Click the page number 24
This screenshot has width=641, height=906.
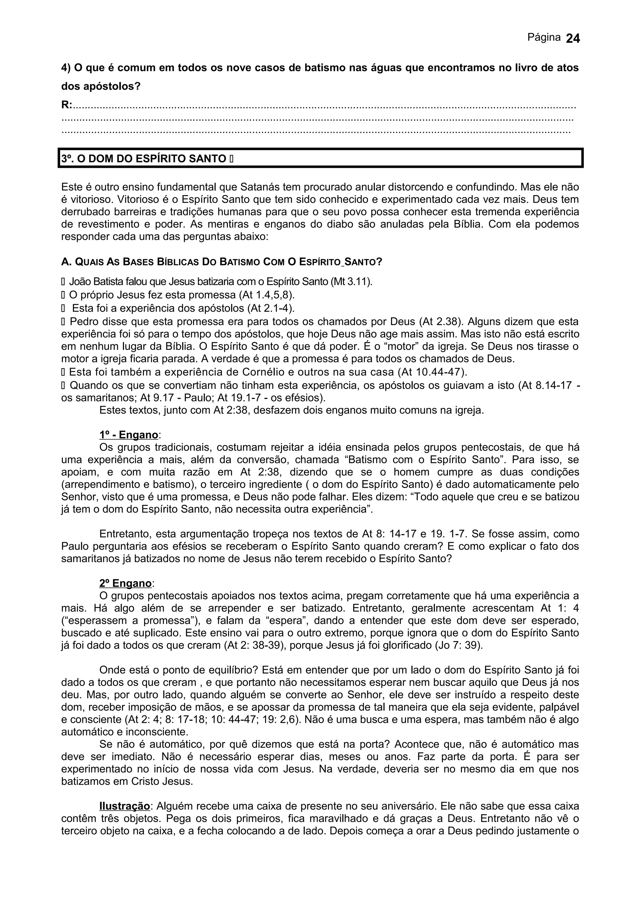pyautogui.click(x=573, y=38)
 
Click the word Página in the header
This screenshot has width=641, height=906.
pyautogui.click(x=544, y=38)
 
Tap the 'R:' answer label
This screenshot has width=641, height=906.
pyautogui.click(x=67, y=105)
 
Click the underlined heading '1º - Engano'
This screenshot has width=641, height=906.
pyautogui.click(x=129, y=435)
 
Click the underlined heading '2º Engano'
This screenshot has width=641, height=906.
pyautogui.click(x=126, y=583)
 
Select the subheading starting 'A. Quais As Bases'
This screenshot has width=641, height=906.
pyautogui.click(x=222, y=262)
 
